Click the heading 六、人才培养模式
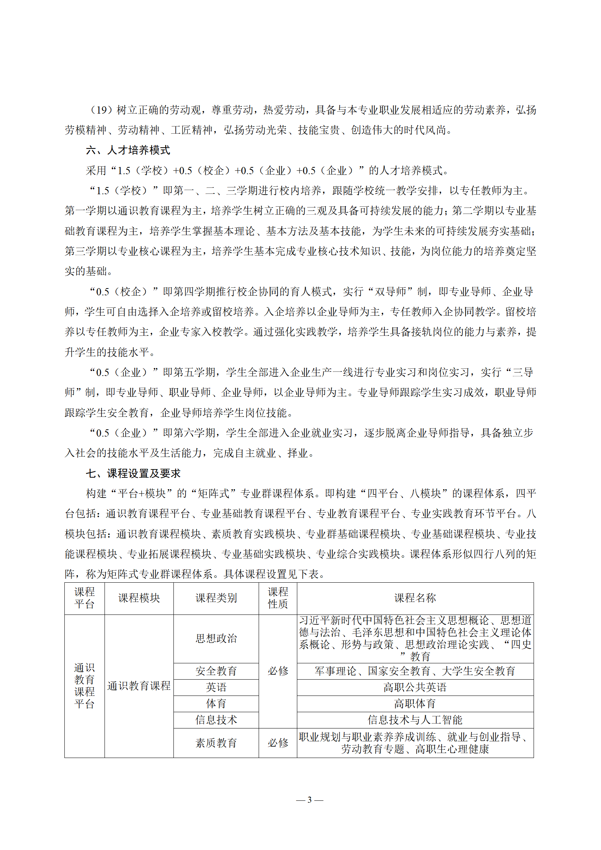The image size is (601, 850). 128,150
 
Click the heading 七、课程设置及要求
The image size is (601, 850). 133,473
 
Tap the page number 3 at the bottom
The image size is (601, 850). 309,800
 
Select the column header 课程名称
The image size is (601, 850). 415,598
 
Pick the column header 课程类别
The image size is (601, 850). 216,598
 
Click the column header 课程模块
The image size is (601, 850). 139,598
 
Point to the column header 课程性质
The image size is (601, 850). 278,598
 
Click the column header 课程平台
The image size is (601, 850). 84,598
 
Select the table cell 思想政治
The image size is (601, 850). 216,638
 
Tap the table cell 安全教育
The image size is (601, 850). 216,671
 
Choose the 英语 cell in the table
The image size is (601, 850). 216,687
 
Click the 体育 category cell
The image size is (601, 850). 216,703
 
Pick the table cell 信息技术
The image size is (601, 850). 216,720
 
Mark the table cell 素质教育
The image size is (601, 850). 216,743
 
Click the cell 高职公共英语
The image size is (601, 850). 415,687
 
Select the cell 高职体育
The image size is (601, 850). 415,703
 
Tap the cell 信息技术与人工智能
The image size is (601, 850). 415,720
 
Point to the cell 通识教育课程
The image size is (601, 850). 139,686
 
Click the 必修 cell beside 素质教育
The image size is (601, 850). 278,743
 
